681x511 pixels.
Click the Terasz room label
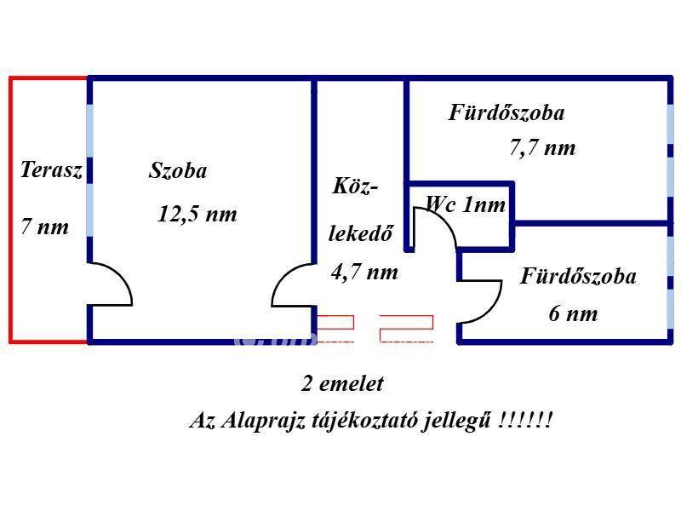[x=51, y=169]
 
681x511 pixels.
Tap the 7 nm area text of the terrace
[x=45, y=227]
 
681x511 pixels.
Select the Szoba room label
[x=178, y=170]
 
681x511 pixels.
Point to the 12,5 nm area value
[x=197, y=214]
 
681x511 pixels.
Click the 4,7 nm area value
[x=364, y=273]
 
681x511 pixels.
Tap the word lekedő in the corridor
[x=360, y=233]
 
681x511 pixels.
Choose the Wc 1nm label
[x=466, y=204]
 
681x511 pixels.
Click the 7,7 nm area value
[x=542, y=147]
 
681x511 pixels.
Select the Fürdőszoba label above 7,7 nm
[x=506, y=112]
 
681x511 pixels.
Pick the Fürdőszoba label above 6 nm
[x=578, y=276]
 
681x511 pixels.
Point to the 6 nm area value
[x=573, y=313]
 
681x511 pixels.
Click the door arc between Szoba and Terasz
[x=111, y=284]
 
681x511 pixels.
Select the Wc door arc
[x=435, y=229]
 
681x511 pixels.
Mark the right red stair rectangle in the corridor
[x=407, y=329]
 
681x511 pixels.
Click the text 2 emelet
[x=343, y=384]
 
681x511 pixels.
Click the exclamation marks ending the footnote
[x=525, y=420]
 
